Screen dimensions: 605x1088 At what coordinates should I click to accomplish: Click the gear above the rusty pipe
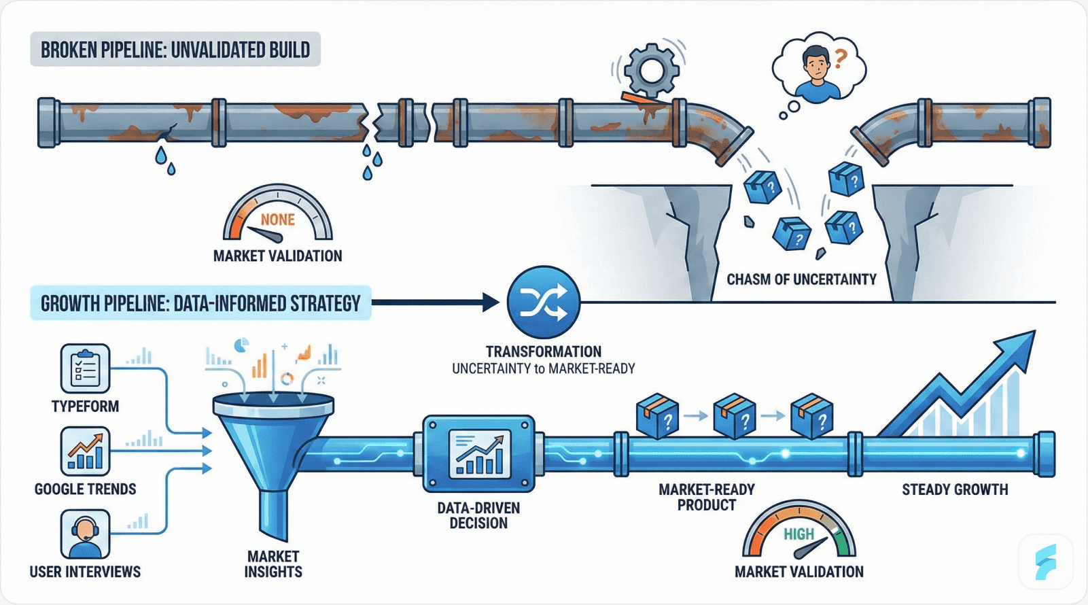coord(651,69)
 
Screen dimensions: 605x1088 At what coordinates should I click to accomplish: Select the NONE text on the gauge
coord(277,220)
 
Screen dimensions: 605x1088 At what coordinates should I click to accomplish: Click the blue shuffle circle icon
coord(544,302)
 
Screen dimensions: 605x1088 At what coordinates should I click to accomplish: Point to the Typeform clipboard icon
coord(85,368)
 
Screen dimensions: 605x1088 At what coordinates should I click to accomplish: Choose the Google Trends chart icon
coord(85,451)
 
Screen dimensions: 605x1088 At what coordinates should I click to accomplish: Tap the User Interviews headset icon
coord(85,533)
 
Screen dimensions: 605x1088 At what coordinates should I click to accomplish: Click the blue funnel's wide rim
coord(273,406)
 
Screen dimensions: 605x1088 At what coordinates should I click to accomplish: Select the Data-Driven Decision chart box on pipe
coord(478,453)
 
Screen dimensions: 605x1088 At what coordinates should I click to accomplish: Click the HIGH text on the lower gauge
coord(799,534)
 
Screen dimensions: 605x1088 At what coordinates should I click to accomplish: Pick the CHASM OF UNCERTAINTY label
coord(801,279)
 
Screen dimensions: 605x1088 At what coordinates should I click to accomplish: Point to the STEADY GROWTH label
coord(955,489)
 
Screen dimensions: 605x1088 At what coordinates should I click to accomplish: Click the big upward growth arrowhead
coord(1016,347)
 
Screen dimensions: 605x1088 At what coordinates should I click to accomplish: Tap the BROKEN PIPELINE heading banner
coord(175,50)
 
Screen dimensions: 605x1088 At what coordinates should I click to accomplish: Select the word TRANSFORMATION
coord(544,351)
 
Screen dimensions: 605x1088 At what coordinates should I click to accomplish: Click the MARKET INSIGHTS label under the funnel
coord(273,564)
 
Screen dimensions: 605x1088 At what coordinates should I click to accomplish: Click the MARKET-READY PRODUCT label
coord(707,497)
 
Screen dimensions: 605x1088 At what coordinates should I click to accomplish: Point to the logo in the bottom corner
coord(1046,561)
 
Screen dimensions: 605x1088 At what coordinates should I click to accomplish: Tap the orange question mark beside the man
coord(841,59)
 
